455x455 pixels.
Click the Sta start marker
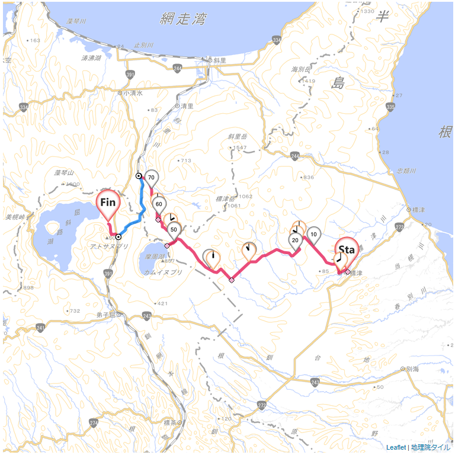(x=345, y=250)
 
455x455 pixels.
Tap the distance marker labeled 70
(x=151, y=178)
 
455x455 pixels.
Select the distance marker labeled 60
(x=158, y=204)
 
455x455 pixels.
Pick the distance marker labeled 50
(x=174, y=229)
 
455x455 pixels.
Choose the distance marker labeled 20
(x=295, y=240)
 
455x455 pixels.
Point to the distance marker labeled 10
(x=313, y=235)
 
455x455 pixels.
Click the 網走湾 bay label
(x=183, y=19)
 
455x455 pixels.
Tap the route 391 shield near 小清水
(x=130, y=74)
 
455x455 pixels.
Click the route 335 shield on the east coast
(x=390, y=107)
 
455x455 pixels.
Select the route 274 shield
(x=94, y=422)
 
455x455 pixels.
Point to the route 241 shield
(x=40, y=327)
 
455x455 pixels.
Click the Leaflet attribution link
(x=396, y=448)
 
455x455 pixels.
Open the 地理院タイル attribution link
(x=431, y=448)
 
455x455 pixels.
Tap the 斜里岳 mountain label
(x=236, y=137)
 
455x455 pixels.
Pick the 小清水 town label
(x=130, y=93)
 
